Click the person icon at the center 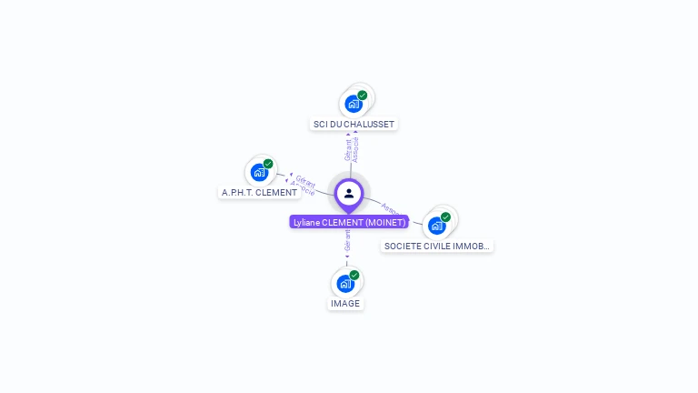tap(349, 193)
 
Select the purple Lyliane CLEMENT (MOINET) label tap(349, 222)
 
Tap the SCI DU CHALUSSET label tap(354, 124)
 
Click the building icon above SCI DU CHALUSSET tap(353, 104)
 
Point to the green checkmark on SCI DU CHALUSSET tap(363, 96)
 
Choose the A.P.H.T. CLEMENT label tap(259, 192)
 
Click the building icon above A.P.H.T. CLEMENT tap(259, 172)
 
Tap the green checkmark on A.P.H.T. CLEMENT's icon tap(268, 164)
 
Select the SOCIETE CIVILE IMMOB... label tap(437, 246)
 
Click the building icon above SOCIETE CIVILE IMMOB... tap(436, 226)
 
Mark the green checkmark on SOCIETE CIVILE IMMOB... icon tap(445, 217)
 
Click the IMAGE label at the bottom tap(345, 303)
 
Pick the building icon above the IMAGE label tap(345, 283)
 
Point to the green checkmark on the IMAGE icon tap(354, 275)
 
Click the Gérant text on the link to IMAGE tap(347, 240)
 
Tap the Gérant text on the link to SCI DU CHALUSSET tap(348, 149)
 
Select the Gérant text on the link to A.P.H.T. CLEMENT tap(305, 182)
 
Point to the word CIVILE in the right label tap(437, 246)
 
